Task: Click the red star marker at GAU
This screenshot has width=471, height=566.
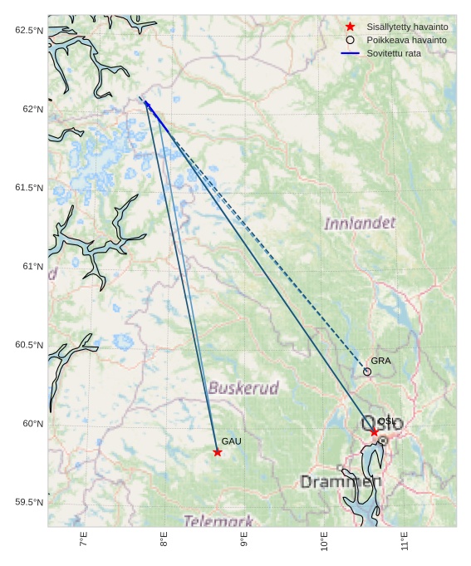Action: click(218, 452)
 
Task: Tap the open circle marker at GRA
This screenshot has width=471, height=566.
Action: click(367, 372)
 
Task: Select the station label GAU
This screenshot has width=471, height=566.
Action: click(231, 441)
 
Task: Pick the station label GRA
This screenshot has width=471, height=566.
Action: click(380, 361)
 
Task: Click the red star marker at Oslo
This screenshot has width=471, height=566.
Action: click(375, 432)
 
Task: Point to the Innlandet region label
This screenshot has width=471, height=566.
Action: click(360, 224)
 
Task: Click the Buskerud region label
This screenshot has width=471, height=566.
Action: click(243, 388)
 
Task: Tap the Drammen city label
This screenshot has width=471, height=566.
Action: click(341, 482)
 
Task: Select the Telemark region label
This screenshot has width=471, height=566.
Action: click(218, 521)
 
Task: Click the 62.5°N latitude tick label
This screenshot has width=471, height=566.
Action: click(28, 31)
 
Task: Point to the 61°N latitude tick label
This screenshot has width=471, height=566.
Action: click(32, 267)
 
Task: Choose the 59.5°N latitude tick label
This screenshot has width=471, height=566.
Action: click(28, 503)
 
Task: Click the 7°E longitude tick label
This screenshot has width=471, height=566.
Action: click(84, 540)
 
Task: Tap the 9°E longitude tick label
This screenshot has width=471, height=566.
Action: click(244, 540)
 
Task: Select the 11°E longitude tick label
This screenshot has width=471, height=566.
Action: click(405, 540)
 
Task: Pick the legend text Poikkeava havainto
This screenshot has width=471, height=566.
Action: click(406, 40)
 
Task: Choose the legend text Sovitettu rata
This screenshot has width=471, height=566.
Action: click(393, 53)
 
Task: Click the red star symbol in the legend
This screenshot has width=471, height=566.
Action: click(351, 27)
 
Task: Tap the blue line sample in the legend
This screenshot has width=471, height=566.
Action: click(351, 53)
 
